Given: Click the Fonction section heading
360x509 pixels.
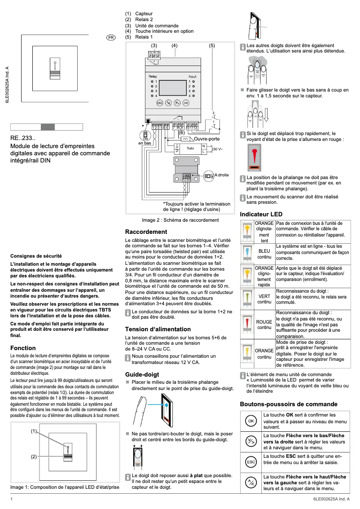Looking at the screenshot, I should (23, 348).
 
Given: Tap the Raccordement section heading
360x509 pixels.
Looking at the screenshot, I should (146, 232).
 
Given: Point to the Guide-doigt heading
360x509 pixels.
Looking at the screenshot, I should (142, 374).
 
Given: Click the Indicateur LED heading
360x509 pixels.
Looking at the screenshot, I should (261, 215).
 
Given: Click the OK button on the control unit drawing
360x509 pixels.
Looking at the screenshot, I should (186, 103).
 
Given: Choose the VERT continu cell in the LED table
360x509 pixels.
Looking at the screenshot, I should (264, 299).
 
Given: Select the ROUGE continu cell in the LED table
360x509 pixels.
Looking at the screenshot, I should (264, 325).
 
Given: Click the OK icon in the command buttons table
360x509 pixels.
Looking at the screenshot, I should (251, 421).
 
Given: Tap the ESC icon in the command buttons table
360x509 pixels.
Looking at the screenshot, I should (251, 462).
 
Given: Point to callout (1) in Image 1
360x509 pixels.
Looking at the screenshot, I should (34, 431).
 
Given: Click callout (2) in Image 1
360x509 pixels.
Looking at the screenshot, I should (34, 456).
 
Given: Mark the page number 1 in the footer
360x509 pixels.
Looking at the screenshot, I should (11, 499).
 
